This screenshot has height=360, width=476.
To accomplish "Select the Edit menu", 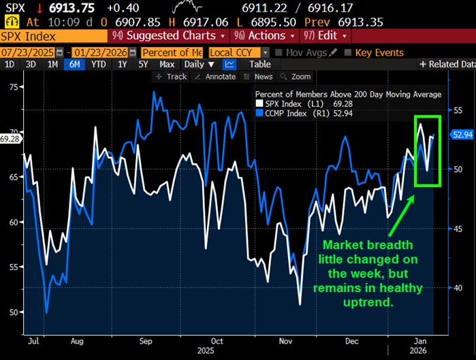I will click(x=326, y=35).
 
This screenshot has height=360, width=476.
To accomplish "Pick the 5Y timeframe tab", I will click(x=142, y=64).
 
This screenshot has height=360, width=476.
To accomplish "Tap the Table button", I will click(x=259, y=64).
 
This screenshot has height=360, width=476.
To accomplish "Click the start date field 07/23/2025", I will click(x=27, y=52).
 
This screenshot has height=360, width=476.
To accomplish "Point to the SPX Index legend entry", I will click(x=282, y=103).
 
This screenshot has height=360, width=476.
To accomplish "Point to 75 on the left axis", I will click(x=14, y=87).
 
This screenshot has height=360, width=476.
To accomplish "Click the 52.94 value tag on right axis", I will click(x=462, y=135).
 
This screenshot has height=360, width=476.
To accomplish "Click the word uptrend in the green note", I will click(x=370, y=301).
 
